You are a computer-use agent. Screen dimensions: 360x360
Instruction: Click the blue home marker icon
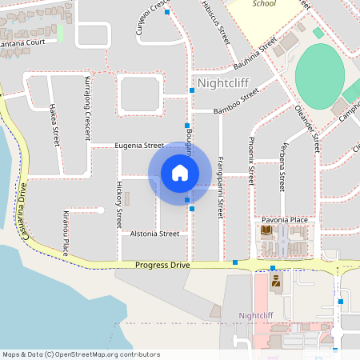pos(180,173)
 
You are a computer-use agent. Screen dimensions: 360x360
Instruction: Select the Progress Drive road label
pos(162,264)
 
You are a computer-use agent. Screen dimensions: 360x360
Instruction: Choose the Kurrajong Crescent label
pos(86,107)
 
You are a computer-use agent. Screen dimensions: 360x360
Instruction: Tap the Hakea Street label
pos(55,123)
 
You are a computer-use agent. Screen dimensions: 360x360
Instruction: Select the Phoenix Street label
pos(250,160)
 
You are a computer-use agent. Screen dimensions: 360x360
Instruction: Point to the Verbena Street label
pos(282,166)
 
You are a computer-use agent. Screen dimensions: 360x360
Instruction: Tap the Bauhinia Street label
pos(250,52)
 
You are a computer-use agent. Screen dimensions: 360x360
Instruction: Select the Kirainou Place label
pos(66,233)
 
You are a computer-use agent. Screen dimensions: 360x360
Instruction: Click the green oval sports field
pos(325,77)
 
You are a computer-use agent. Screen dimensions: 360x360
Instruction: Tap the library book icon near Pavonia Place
pos(266,231)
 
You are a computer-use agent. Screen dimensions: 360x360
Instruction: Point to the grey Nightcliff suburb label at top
pos(223,82)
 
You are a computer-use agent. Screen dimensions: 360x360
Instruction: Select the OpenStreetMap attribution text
pos(81,354)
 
